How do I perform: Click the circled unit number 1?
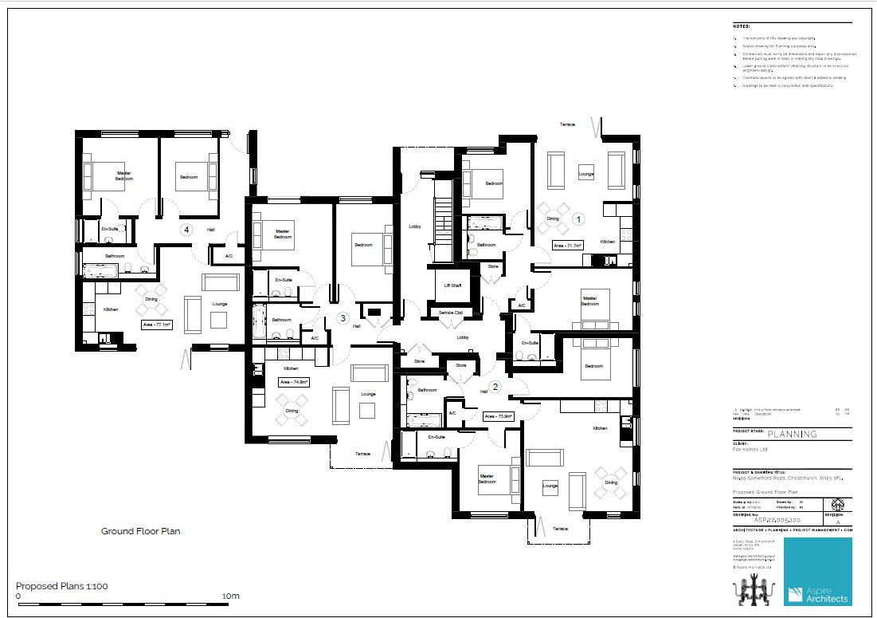click(x=579, y=217)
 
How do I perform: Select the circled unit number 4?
click(x=186, y=229)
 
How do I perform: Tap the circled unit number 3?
click(x=343, y=318)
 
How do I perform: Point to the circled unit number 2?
click(x=495, y=388)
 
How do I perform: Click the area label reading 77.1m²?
click(x=159, y=325)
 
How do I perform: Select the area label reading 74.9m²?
click(x=293, y=382)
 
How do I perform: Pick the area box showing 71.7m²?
click(x=568, y=246)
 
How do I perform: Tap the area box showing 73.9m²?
click(x=499, y=415)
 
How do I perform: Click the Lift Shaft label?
click(x=452, y=285)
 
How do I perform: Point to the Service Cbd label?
click(x=451, y=313)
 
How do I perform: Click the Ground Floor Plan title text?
click(x=140, y=530)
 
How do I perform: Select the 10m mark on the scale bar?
click(x=230, y=596)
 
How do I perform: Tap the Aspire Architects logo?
click(x=817, y=571)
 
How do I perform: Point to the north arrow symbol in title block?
click(x=838, y=505)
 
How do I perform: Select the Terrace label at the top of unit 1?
click(x=568, y=125)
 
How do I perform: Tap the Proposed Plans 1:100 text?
click(x=62, y=586)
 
